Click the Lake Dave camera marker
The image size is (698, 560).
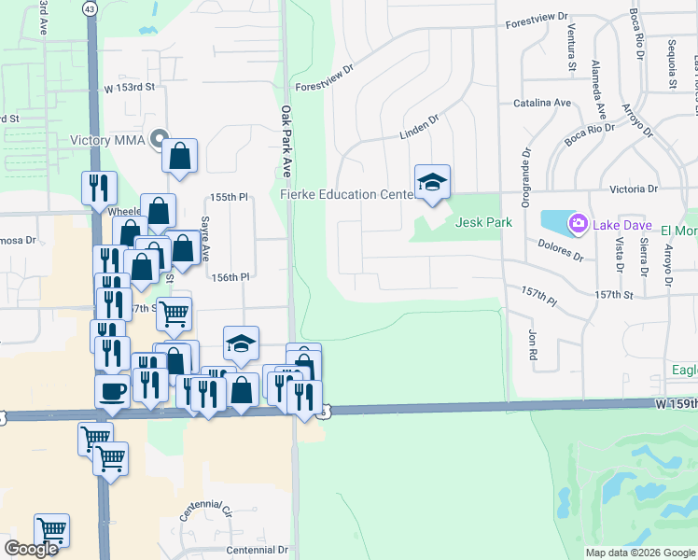point(578,223)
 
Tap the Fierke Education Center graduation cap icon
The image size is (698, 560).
point(432,181)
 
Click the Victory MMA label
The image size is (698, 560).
point(109,142)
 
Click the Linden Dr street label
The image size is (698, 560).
point(419,128)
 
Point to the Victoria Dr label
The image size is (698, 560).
point(634,189)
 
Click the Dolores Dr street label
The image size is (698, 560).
point(560,250)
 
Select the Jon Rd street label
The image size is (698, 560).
point(533,344)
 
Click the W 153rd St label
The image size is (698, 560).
point(129,87)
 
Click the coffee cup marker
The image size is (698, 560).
point(112,390)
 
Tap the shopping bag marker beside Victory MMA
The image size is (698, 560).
point(180,156)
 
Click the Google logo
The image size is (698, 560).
point(31,549)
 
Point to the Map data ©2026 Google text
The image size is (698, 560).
point(640,553)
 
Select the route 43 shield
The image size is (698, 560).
point(89,7)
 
